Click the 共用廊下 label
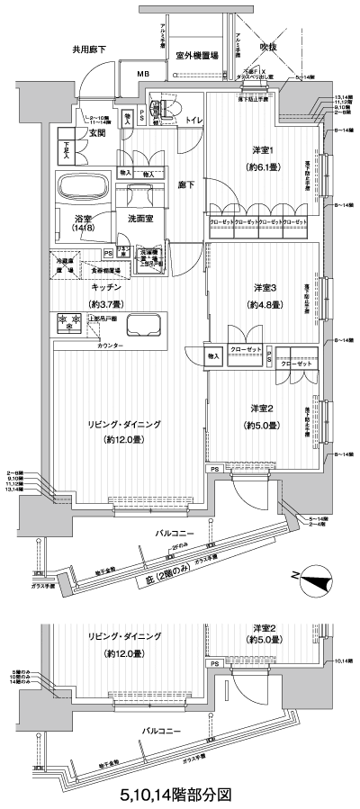(x=94, y=49)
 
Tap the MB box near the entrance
(x=143, y=74)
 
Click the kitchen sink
(x=142, y=324)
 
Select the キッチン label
(x=94, y=287)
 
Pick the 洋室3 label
(x=264, y=287)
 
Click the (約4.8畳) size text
(x=264, y=303)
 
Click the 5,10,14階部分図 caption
(x=180, y=795)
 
